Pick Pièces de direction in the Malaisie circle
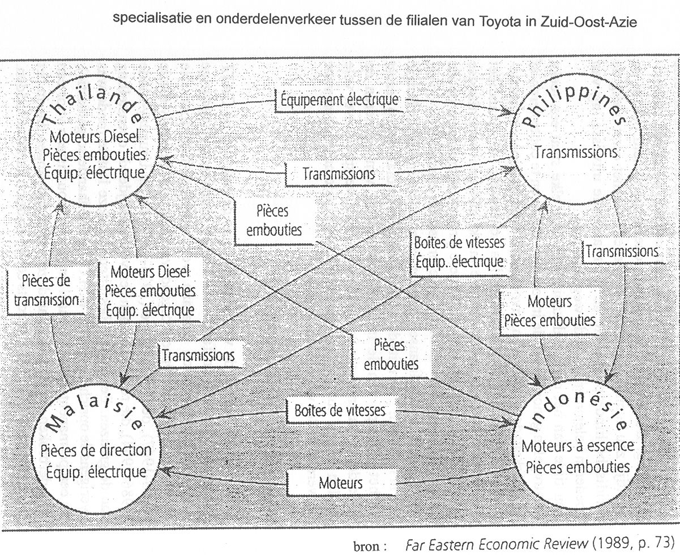click(x=96, y=450)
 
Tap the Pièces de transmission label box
click(x=46, y=291)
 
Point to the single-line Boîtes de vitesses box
click(x=340, y=410)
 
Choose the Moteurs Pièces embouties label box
click(x=549, y=311)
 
